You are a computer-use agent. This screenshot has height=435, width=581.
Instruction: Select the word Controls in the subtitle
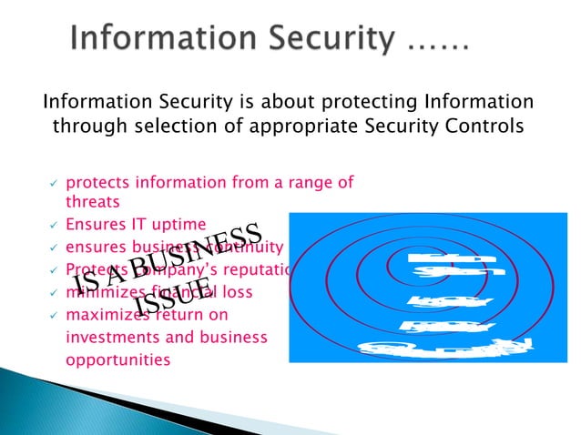484,126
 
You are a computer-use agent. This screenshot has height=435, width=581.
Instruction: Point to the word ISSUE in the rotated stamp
164,301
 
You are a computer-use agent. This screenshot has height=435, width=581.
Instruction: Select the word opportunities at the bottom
117,360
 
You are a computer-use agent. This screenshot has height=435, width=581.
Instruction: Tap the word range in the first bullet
290,183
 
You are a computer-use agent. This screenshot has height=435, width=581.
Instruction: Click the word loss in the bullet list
237,293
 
